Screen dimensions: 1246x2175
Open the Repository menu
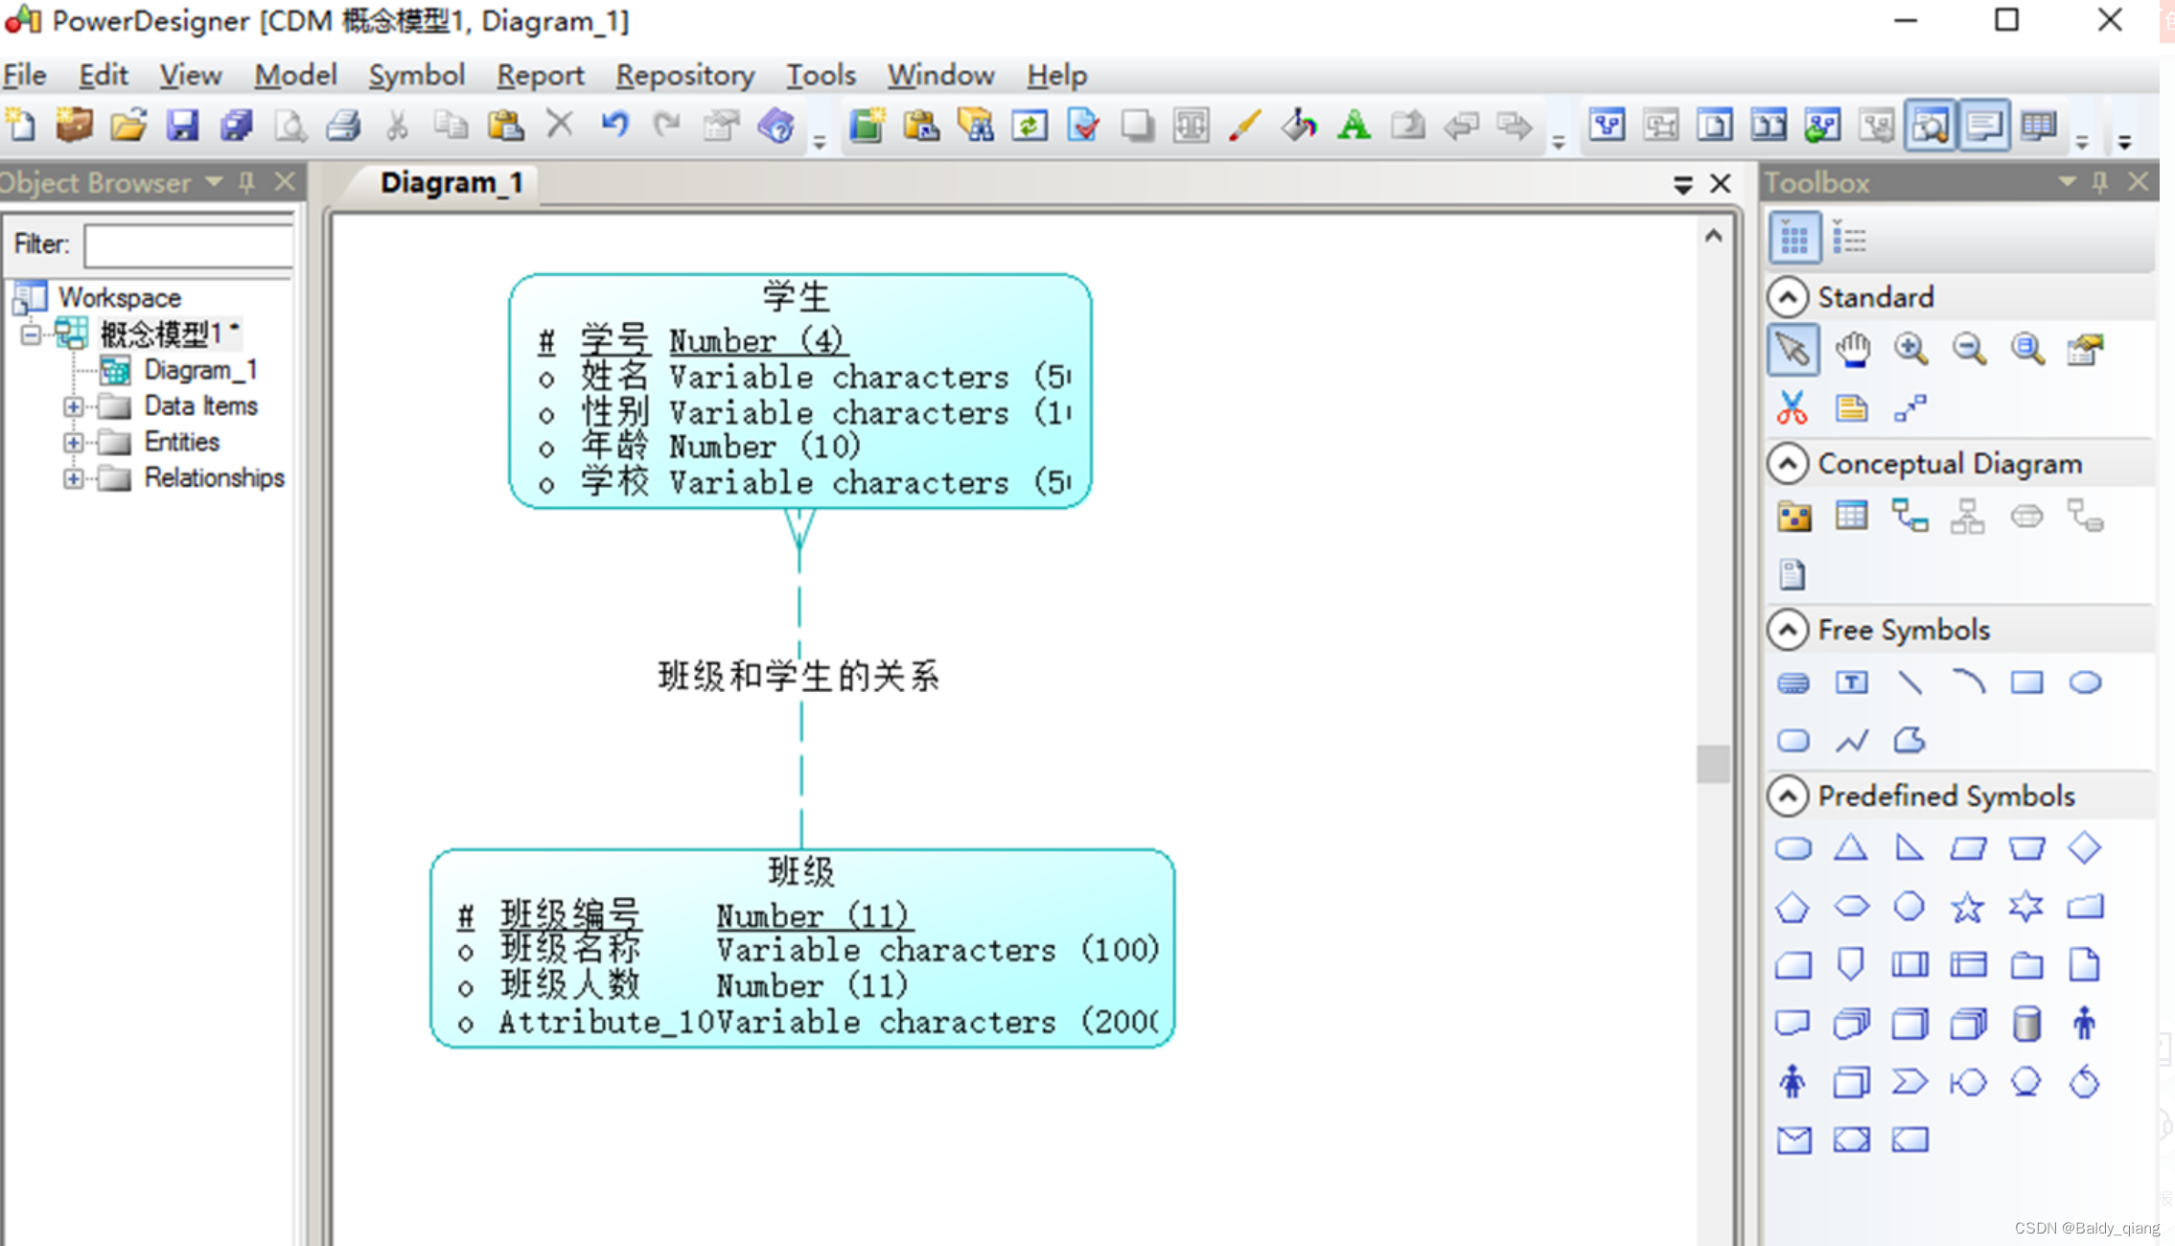click(x=684, y=75)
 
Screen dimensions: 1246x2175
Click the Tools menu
click(x=821, y=75)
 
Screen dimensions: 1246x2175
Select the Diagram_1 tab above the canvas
click(x=451, y=182)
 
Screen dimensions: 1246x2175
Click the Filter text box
click(x=189, y=245)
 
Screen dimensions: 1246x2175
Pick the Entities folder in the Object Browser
click(x=181, y=442)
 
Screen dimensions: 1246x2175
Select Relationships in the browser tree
click(x=214, y=477)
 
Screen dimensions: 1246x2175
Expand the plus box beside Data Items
click(x=73, y=406)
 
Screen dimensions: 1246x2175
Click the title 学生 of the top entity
click(x=797, y=296)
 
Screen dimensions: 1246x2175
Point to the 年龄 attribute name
click(x=614, y=447)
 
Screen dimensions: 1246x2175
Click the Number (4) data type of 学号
click(x=755, y=341)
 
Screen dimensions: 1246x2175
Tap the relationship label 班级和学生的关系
click(x=798, y=677)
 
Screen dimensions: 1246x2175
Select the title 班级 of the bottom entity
click(x=801, y=871)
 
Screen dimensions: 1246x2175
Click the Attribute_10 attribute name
click(x=606, y=1023)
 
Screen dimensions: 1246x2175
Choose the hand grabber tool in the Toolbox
click(x=1852, y=350)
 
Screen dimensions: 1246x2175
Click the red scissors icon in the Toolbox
click(x=1792, y=408)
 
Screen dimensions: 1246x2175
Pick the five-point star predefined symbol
click(x=1967, y=907)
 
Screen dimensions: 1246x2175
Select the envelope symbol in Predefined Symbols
click(x=1793, y=1140)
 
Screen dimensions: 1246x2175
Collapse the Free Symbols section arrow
click(x=1788, y=630)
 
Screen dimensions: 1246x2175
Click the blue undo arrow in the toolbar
click(x=614, y=125)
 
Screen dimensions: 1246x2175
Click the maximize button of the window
click(x=2006, y=20)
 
